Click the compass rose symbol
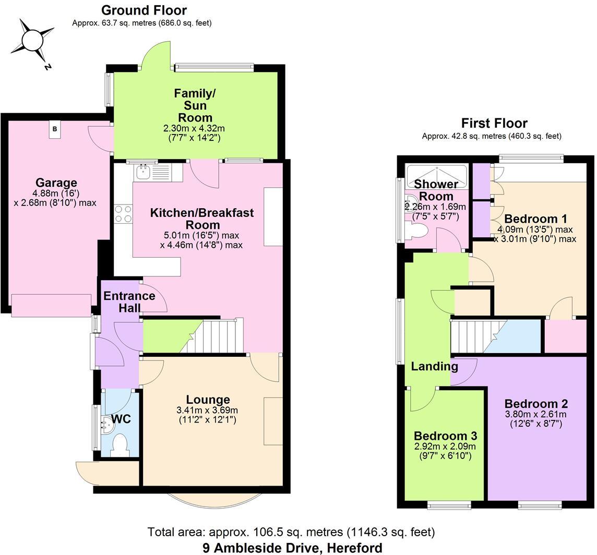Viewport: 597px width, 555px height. [33, 40]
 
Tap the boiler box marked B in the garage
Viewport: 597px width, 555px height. [55, 129]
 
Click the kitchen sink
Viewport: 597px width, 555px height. [142, 171]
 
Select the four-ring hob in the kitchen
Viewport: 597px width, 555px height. [123, 213]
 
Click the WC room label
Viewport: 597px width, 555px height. [121, 419]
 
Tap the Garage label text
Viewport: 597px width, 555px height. [56, 183]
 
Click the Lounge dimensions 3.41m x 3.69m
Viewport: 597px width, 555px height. [207, 410]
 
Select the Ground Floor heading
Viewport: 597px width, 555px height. [144, 10]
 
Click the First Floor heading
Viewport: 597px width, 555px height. [494, 123]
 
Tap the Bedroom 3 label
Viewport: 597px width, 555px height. [445, 436]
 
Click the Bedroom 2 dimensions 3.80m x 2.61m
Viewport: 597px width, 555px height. [536, 414]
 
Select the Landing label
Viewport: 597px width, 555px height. [434, 366]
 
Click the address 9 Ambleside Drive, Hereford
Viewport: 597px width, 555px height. [292, 548]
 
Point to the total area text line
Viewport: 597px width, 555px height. [291, 532]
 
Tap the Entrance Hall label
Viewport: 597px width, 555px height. [129, 301]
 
